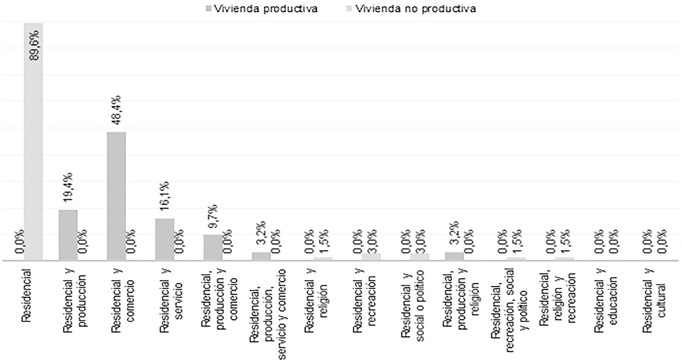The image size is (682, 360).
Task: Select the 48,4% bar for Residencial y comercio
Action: tap(117, 196)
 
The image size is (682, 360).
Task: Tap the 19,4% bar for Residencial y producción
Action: tap(68, 235)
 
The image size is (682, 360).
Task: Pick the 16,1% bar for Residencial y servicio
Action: tap(165, 239)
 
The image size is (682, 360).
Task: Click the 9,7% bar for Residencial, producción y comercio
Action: tap(213, 247)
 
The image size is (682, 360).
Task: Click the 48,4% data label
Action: tap(116, 110)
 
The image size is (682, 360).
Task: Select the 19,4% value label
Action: tap(68, 187)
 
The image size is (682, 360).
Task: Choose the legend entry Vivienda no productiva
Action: tap(415, 9)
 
